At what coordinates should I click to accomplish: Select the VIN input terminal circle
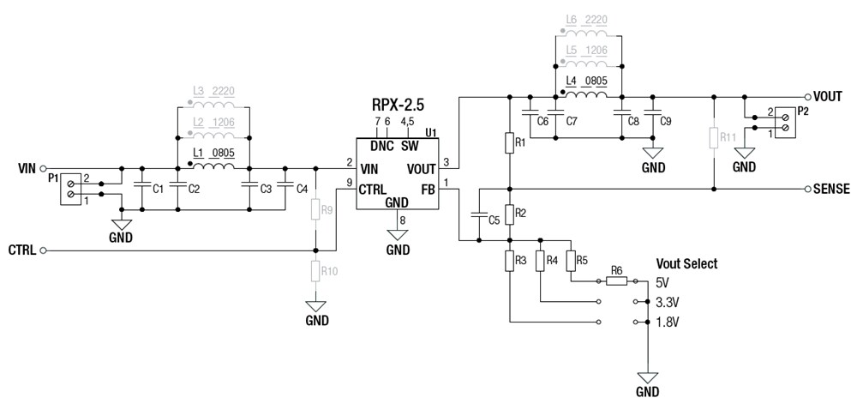[44, 169]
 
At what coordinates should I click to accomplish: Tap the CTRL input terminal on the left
[44, 250]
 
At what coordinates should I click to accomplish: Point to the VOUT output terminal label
[831, 97]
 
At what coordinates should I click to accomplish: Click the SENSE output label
[831, 189]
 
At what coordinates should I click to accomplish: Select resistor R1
[509, 142]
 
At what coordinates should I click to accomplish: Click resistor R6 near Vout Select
[616, 280]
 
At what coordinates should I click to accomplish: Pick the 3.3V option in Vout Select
[665, 302]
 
